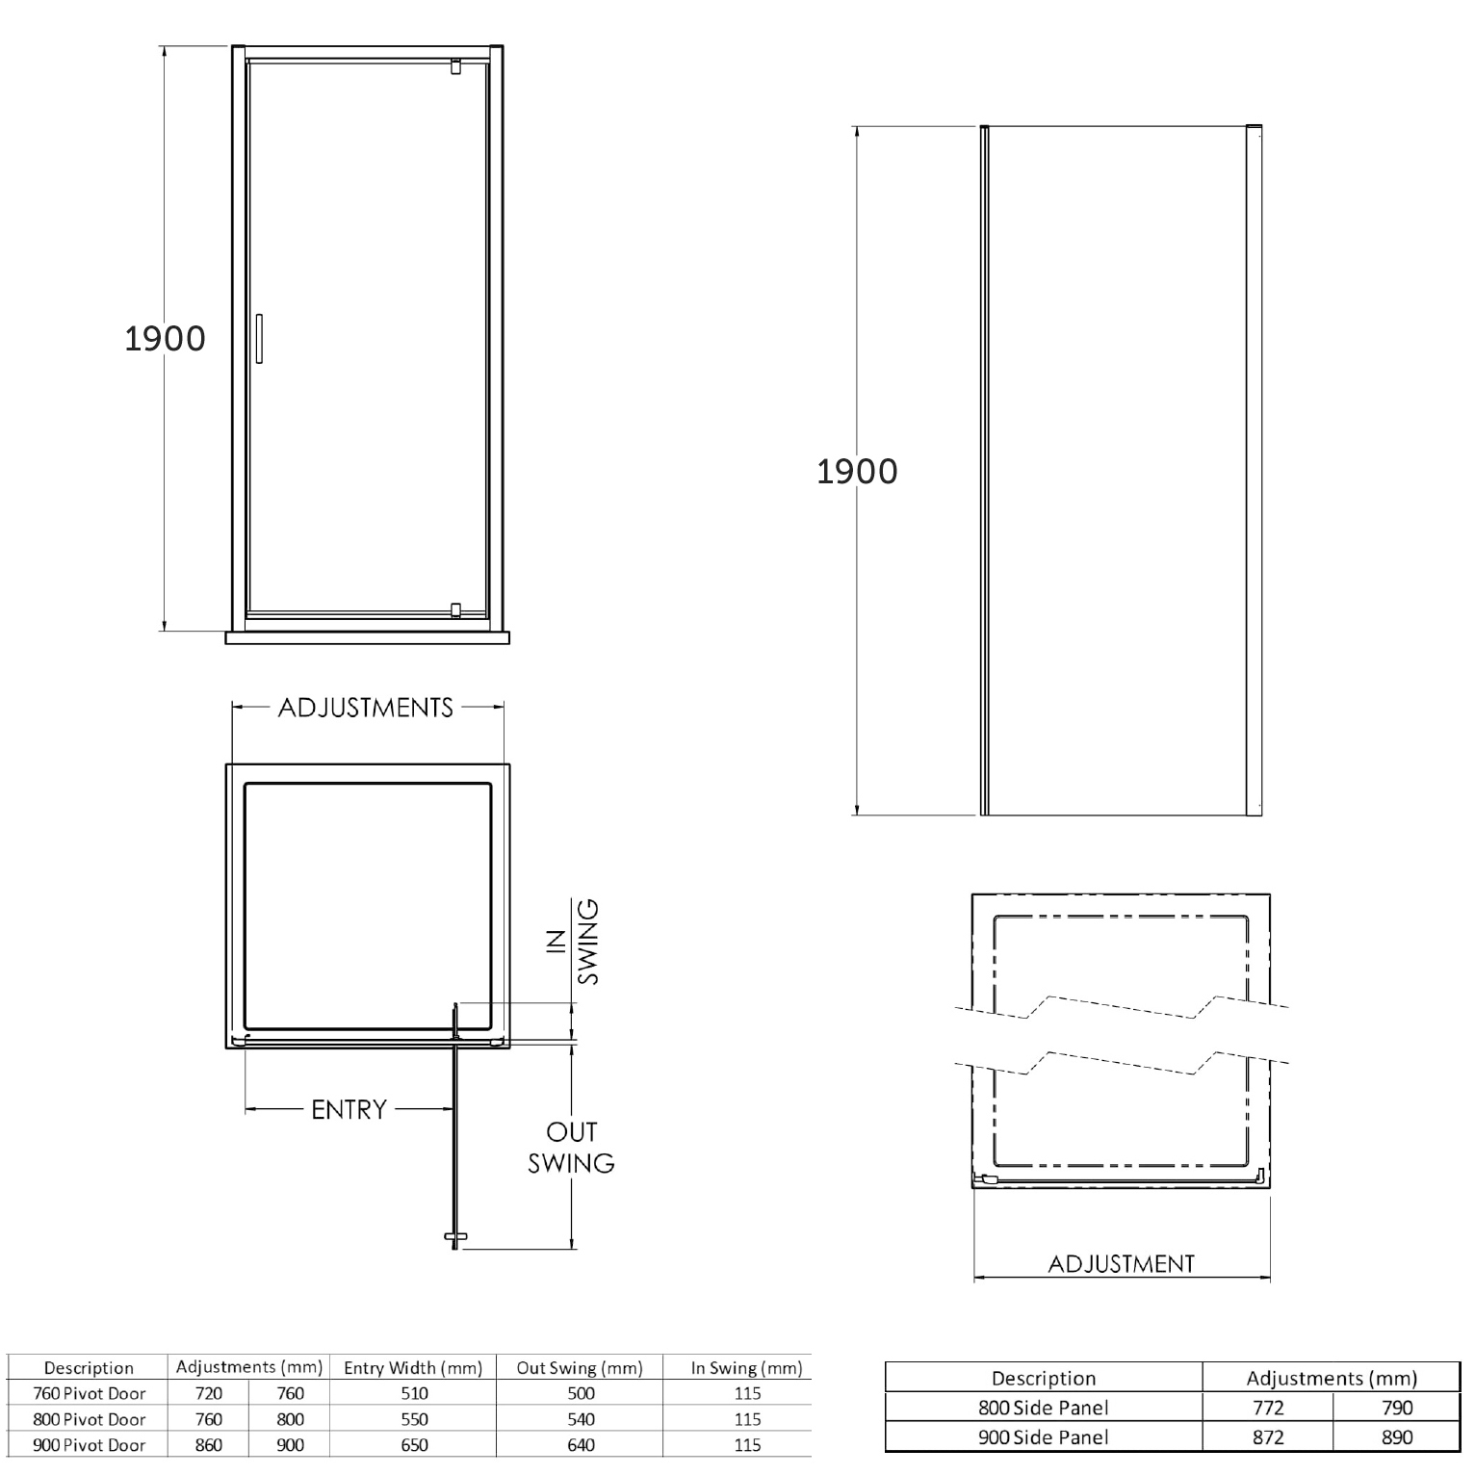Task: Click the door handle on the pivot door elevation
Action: (x=259, y=338)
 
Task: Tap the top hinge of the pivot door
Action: (x=455, y=66)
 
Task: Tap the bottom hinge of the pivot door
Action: (x=455, y=609)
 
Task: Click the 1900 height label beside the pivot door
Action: (x=165, y=339)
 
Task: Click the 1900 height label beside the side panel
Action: (x=857, y=471)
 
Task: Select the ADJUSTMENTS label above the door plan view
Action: (x=366, y=708)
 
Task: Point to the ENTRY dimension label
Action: (x=349, y=1110)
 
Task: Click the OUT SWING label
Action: (x=571, y=1148)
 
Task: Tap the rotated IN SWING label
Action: (x=575, y=942)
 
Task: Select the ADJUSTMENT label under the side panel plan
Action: (x=1121, y=1264)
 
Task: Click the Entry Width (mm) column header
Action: (x=413, y=1368)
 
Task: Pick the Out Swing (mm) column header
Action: (x=580, y=1368)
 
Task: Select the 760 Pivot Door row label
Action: (x=90, y=1393)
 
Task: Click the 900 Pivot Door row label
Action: (x=90, y=1445)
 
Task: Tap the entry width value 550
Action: (x=414, y=1419)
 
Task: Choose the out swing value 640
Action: (x=581, y=1445)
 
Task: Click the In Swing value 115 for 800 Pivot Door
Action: (x=747, y=1419)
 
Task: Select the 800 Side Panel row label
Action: (x=1044, y=1408)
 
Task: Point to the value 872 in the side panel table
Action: (x=1268, y=1437)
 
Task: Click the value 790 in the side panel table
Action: (x=1396, y=1408)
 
